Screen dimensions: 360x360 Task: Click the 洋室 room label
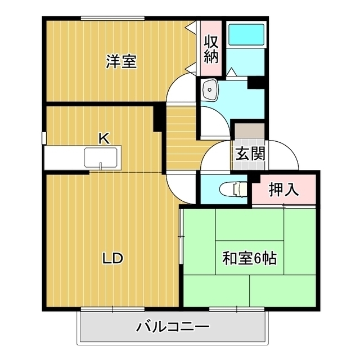121,61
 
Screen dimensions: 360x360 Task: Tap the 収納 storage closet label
211,49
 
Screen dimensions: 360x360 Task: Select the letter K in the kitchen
103,138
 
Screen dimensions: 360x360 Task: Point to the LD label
112,258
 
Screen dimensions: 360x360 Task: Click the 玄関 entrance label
250,154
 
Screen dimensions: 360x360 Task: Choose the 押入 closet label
283,190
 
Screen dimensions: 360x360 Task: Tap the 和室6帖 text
249,258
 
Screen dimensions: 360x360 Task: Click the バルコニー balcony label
173,327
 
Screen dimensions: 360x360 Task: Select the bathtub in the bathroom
246,35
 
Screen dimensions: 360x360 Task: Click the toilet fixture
233,189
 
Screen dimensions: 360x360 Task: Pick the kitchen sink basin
101,157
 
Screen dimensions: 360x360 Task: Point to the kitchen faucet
101,166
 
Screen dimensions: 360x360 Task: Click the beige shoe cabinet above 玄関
249,131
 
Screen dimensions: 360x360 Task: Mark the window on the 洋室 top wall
112,18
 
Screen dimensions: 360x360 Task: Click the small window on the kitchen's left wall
44,138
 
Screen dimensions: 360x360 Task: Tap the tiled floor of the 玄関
249,154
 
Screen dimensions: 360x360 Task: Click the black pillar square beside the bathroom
256,83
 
